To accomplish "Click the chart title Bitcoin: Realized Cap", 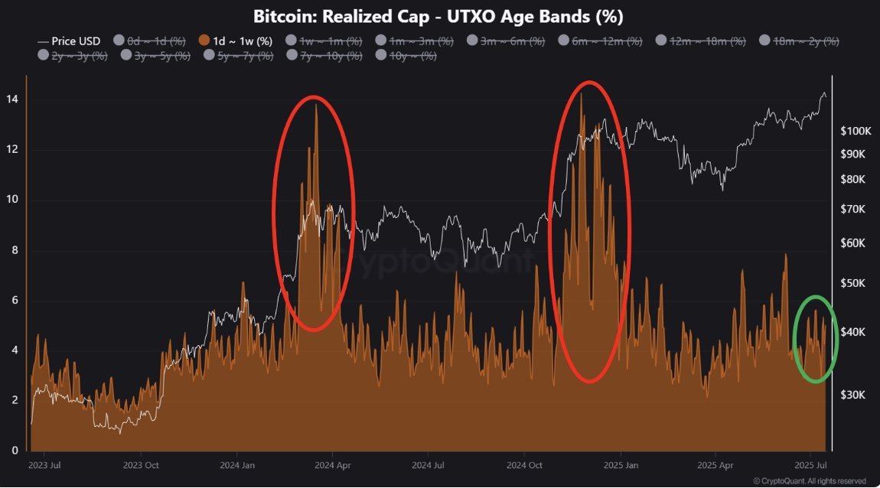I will tap(439, 16).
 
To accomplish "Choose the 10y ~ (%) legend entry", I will tap(407, 55).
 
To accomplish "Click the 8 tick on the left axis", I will tap(14, 250).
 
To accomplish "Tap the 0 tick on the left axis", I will tap(14, 451).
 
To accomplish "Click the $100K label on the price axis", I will tap(856, 131).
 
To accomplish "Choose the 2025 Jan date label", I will tap(621, 464).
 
